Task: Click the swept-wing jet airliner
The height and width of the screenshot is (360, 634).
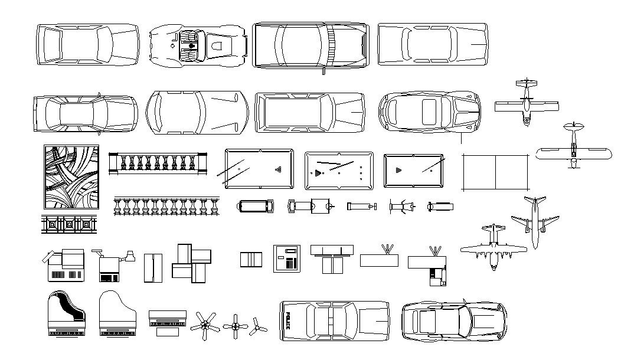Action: pyautogui.click(x=535, y=221)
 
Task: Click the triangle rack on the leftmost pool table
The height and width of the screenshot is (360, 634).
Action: pyautogui.click(x=278, y=169)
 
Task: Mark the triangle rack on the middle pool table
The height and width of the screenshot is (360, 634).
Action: pyautogui.click(x=318, y=173)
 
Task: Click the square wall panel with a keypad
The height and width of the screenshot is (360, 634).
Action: pyautogui.click(x=286, y=258)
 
